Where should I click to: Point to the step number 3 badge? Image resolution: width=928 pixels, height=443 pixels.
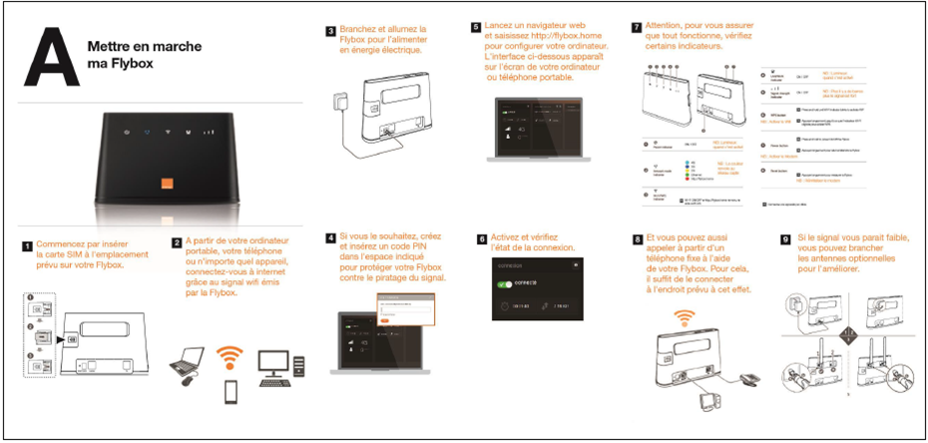(x=330, y=31)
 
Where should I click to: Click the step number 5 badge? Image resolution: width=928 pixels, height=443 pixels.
(x=477, y=27)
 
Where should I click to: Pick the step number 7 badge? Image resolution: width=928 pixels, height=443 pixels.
(x=637, y=26)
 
